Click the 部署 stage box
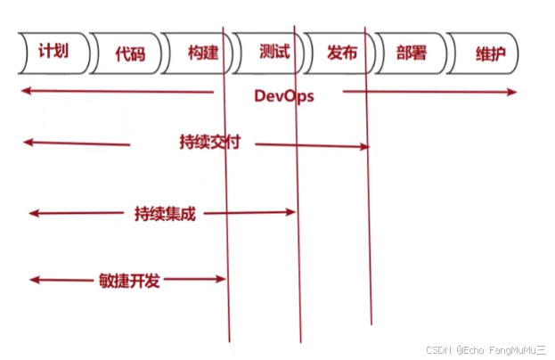tap(411, 53)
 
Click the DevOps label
tap(283, 94)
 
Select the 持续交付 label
tap(210, 143)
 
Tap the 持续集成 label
tap(165, 214)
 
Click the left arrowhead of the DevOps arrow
tap(27, 91)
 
